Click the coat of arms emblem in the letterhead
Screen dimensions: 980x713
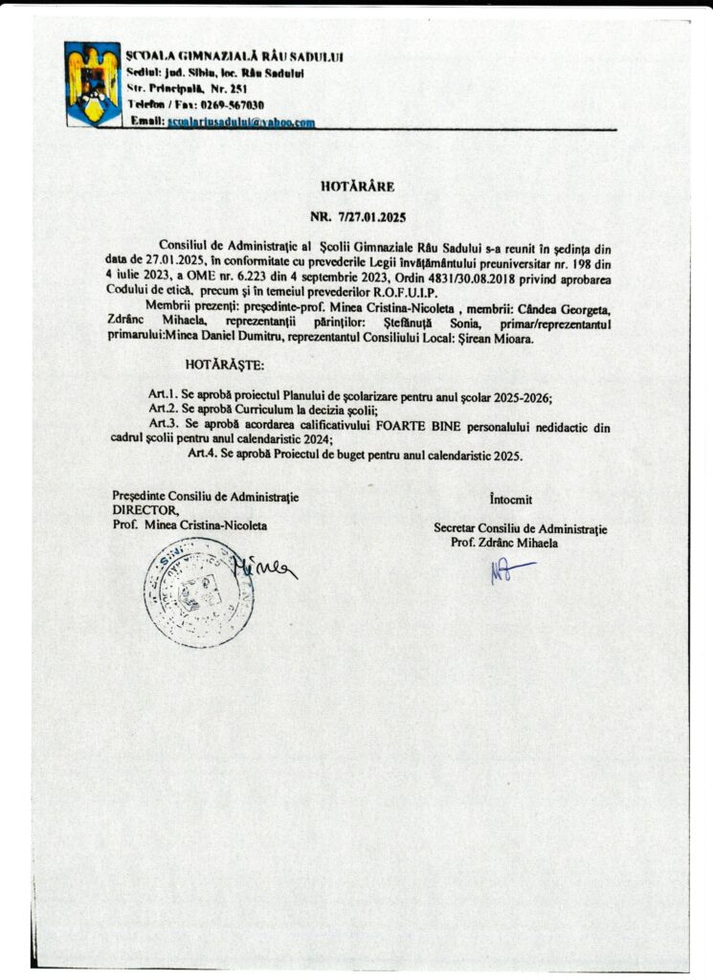click(93, 83)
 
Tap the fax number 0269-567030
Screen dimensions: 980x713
click(232, 104)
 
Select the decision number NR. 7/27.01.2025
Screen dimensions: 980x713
click(358, 218)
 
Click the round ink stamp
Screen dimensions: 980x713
click(198, 590)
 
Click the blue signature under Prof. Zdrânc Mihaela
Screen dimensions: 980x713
click(509, 571)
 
